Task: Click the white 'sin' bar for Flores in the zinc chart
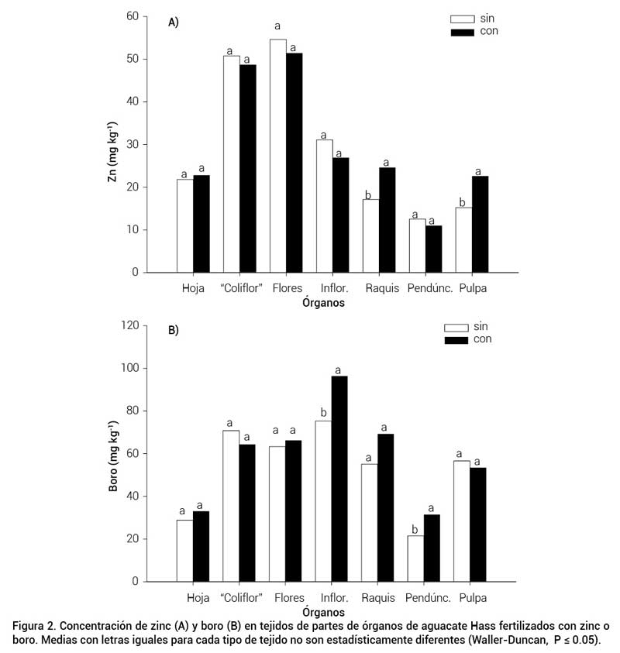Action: click(277, 155)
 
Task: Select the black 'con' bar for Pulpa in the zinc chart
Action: click(480, 224)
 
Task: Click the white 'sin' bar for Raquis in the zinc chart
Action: click(370, 235)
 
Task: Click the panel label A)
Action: click(174, 22)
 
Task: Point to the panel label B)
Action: click(174, 330)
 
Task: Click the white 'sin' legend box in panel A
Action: click(463, 19)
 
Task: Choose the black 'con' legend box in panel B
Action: click(456, 339)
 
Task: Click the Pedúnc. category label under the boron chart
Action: click(423, 598)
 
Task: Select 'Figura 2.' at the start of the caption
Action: click(34, 625)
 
